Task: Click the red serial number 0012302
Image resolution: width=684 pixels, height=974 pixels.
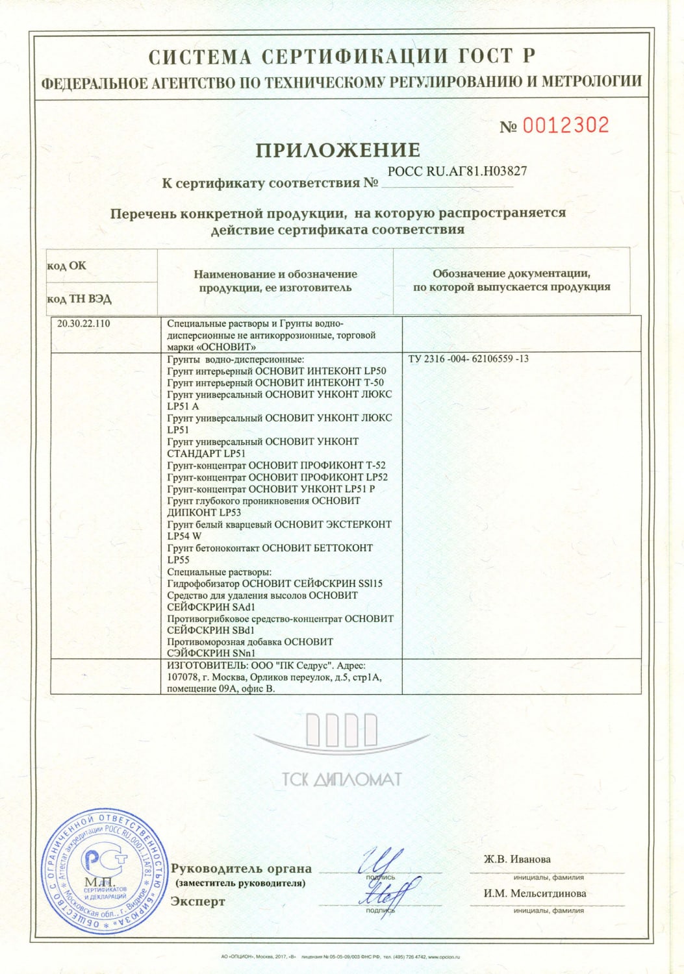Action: click(x=566, y=125)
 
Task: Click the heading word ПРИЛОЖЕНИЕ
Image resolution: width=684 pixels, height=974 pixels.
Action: click(x=338, y=150)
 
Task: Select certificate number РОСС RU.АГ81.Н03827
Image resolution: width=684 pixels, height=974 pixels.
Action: click(x=457, y=171)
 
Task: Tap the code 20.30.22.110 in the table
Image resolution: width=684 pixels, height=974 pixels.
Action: click(x=84, y=323)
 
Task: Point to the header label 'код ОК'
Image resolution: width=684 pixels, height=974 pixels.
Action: click(x=66, y=266)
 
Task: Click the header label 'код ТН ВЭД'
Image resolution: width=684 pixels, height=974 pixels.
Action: click(x=79, y=299)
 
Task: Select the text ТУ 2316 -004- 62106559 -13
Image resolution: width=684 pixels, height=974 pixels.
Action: click(x=468, y=358)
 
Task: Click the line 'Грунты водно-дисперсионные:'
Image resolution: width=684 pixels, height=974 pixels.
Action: click(x=236, y=359)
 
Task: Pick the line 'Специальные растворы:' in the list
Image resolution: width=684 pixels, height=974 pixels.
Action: click(x=219, y=572)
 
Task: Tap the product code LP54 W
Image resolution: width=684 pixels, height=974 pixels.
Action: click(x=184, y=536)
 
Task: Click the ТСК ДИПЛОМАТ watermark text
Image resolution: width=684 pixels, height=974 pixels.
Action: click(x=342, y=779)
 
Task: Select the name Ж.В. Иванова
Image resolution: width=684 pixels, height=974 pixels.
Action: click(x=517, y=859)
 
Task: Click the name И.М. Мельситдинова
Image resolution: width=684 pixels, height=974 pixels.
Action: click(x=535, y=893)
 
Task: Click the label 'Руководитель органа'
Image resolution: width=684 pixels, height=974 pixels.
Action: click(x=241, y=869)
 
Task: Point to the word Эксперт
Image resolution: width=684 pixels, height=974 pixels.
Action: click(x=198, y=901)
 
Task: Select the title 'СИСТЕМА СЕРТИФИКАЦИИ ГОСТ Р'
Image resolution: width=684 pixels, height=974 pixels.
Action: click(x=342, y=57)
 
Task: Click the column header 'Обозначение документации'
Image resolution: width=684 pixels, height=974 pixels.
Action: click(x=511, y=274)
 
